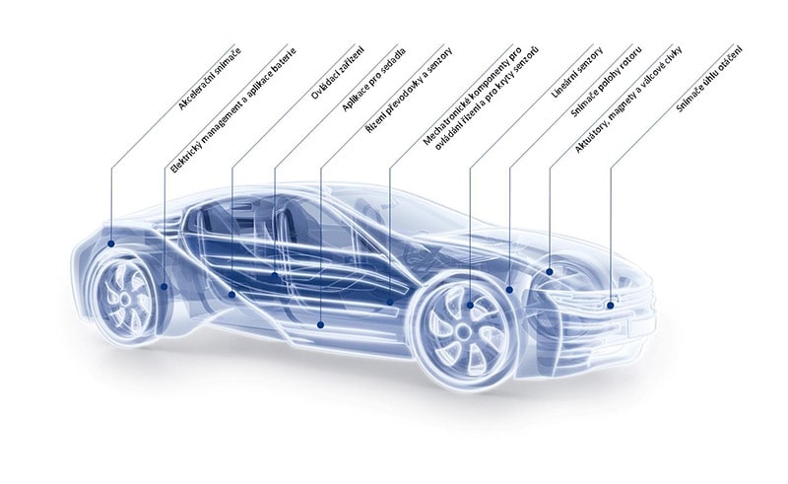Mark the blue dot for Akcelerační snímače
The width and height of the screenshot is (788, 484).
coord(111,242)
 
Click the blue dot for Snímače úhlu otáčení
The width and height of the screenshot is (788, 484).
coord(611,306)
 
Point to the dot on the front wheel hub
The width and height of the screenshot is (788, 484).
coord(470,305)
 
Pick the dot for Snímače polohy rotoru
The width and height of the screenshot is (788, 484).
coord(510,290)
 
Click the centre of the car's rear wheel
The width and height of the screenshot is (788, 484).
coord(126,296)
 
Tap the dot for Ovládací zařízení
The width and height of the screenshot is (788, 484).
coord(231,294)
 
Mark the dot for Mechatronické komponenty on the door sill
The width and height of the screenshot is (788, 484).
coord(391,300)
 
